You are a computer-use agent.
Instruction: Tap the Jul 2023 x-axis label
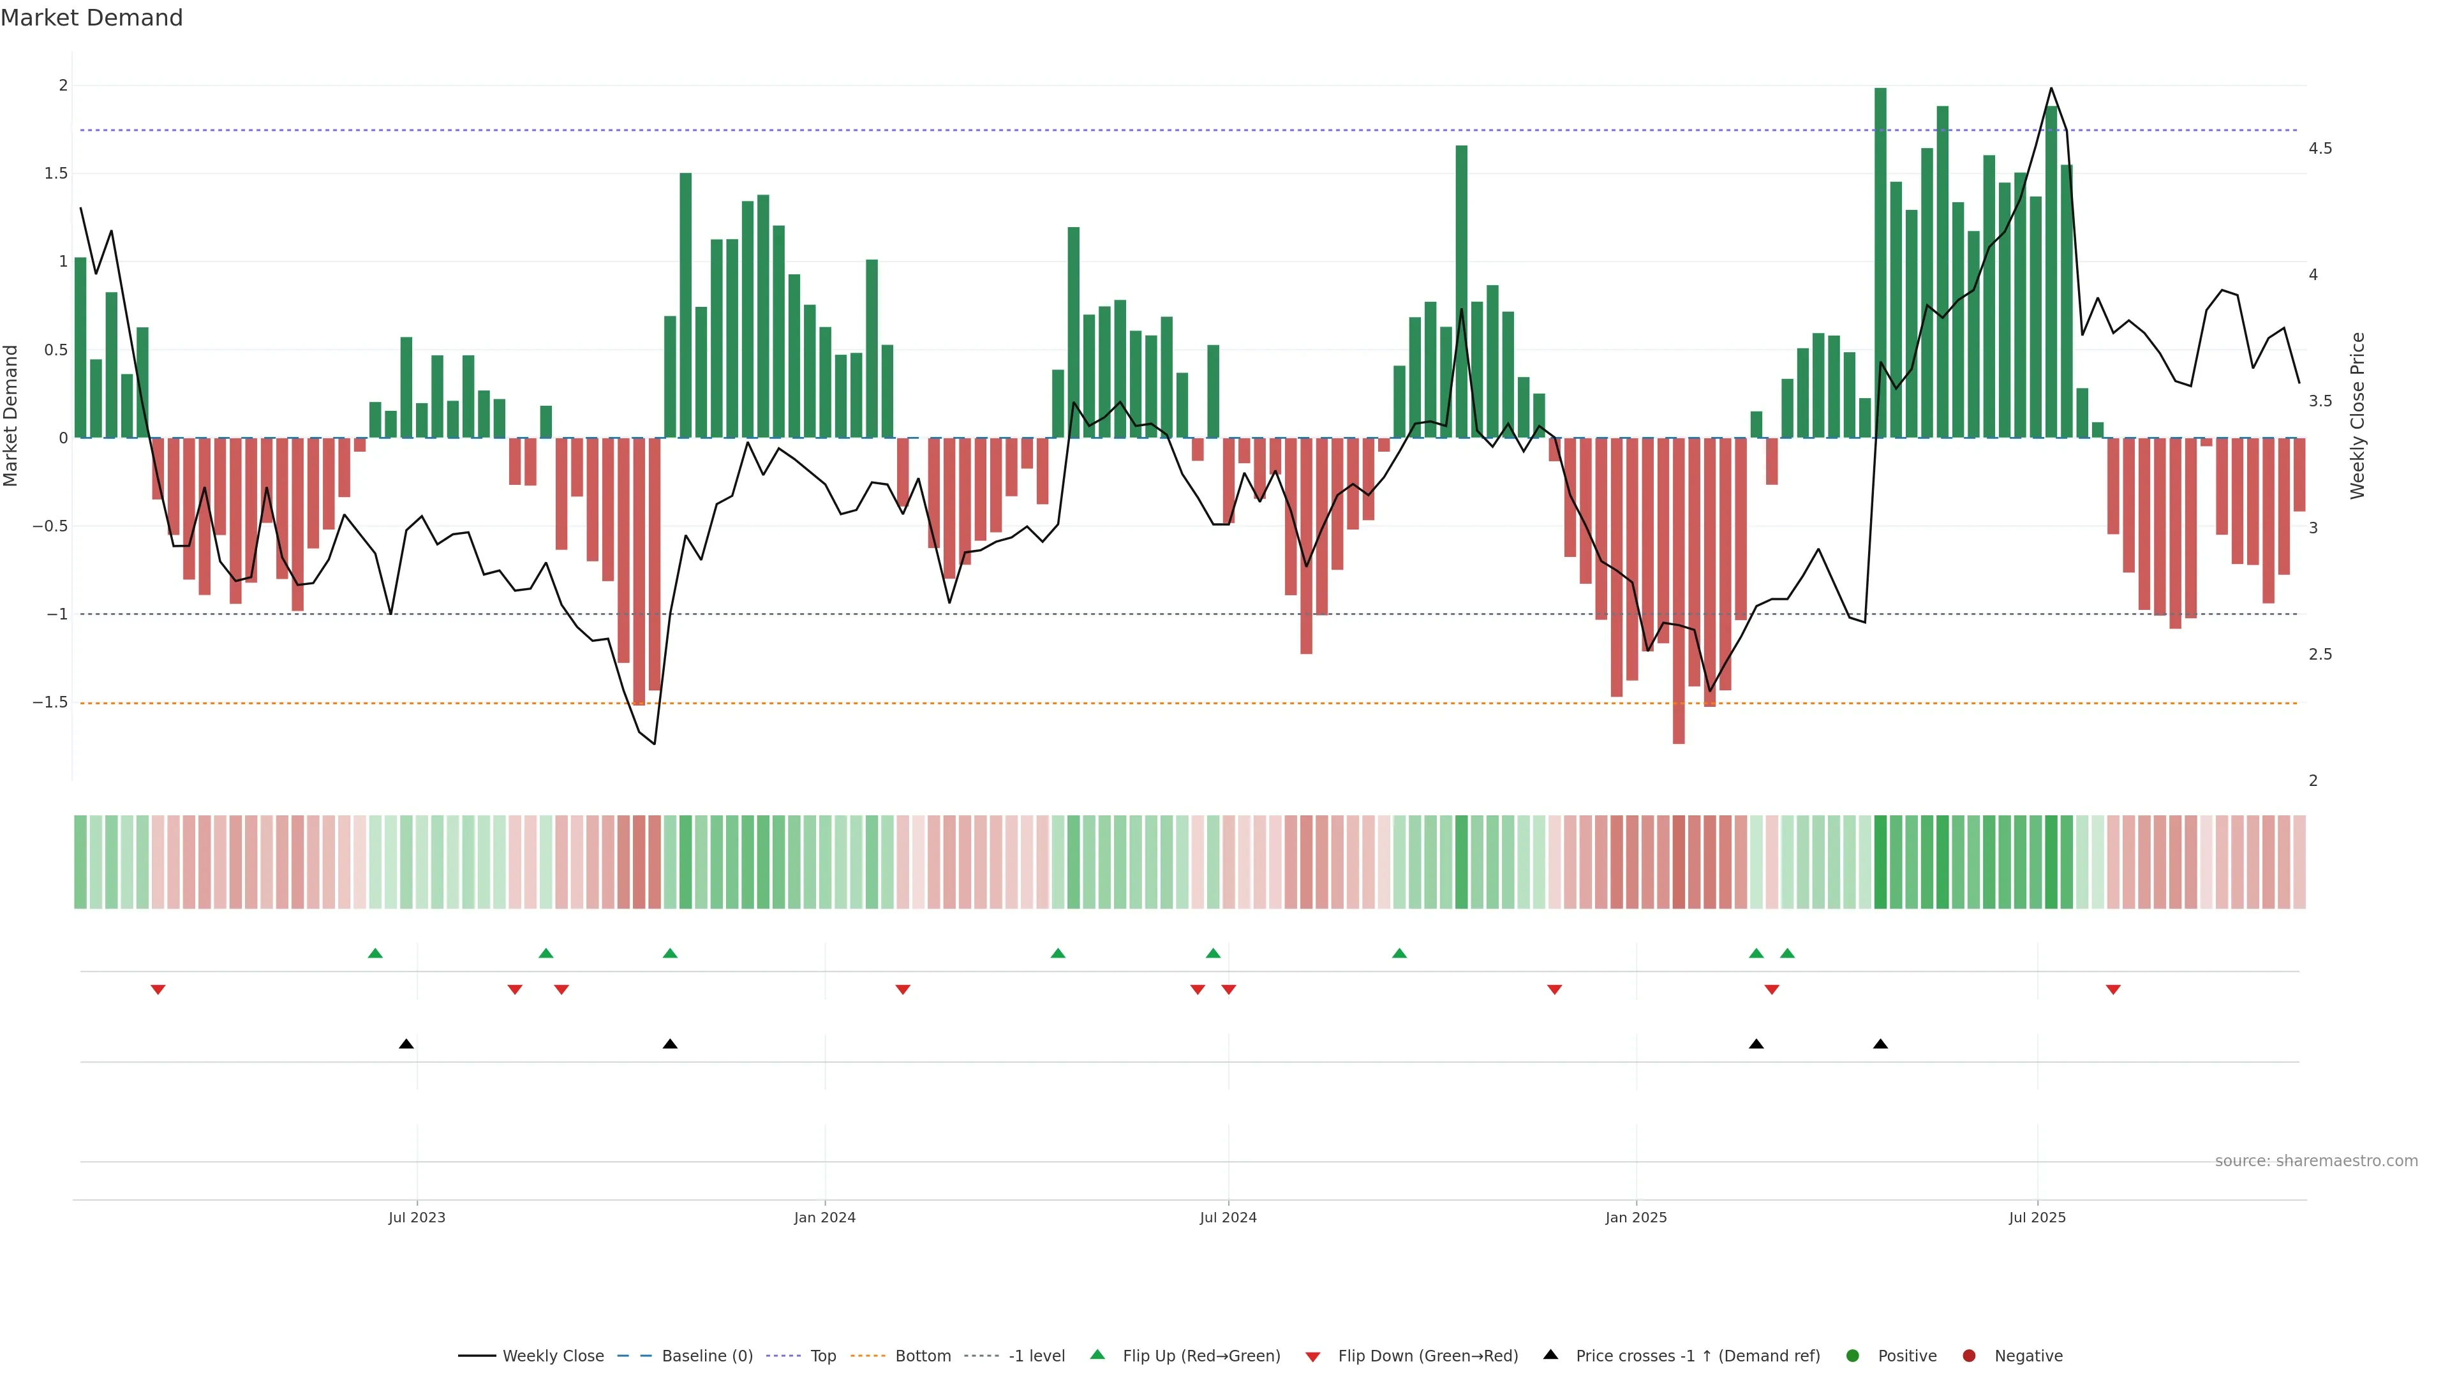pos(417,1217)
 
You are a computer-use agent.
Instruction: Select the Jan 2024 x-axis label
pos(824,1217)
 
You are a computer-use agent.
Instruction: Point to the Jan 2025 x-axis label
pos(1636,1217)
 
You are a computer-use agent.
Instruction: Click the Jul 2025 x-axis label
pos(2037,1217)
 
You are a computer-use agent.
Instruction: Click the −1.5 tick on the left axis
pos(50,702)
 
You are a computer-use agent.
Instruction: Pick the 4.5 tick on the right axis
pos(2320,149)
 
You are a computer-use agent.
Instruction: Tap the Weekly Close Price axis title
pos(2357,415)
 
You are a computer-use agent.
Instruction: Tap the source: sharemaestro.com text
pos(2316,1161)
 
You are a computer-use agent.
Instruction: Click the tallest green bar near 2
pos(1880,262)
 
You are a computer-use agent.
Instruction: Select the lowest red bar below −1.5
pos(1679,589)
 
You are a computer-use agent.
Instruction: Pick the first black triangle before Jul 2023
pos(406,1043)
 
